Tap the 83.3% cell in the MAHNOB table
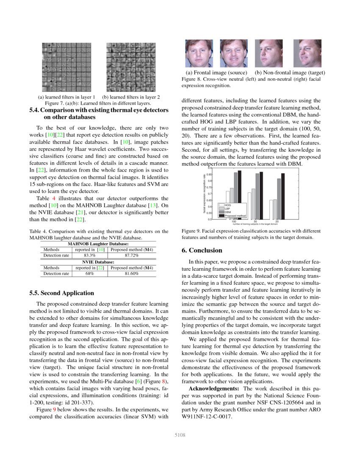(89, 256)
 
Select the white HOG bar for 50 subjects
(249, 206)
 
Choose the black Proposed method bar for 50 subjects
(261, 196)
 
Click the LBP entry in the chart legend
(227, 209)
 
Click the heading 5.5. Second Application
(62, 293)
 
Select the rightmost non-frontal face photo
(307, 53)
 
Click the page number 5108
(180, 435)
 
